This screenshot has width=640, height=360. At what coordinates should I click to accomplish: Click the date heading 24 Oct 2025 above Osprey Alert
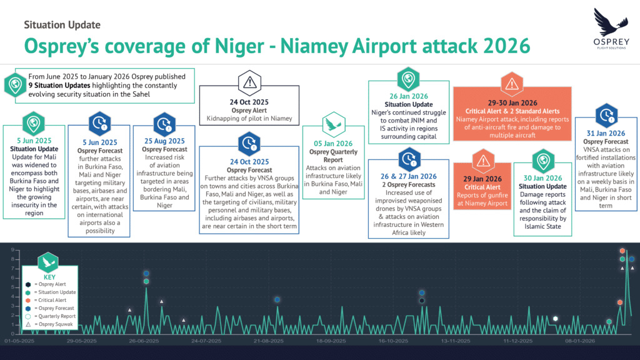click(249, 102)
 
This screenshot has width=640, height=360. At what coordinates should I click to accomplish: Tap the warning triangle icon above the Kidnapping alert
click(249, 83)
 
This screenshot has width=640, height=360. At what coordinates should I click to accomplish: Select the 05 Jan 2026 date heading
click(333, 144)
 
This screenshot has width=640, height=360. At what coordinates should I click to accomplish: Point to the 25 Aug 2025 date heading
click(164, 141)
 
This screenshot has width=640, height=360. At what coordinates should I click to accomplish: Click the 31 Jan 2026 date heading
click(606, 134)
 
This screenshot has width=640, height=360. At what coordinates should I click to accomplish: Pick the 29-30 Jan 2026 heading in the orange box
click(512, 103)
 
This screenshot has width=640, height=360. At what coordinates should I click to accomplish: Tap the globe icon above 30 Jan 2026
click(543, 162)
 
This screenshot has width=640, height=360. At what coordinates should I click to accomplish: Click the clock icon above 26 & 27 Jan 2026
click(409, 159)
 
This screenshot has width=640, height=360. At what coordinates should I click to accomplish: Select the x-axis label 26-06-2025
click(144, 341)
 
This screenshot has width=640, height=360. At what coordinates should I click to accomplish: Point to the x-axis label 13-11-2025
click(456, 341)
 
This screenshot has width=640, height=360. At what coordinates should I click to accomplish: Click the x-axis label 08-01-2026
click(580, 341)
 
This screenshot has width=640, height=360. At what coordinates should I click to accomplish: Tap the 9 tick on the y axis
click(12, 250)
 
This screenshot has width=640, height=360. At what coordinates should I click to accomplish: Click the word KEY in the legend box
click(49, 277)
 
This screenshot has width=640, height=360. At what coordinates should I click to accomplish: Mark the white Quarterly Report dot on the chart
click(555, 319)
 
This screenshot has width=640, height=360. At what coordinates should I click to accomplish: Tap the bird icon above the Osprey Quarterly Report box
click(334, 124)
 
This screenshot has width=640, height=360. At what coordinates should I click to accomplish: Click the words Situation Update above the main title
click(62, 25)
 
